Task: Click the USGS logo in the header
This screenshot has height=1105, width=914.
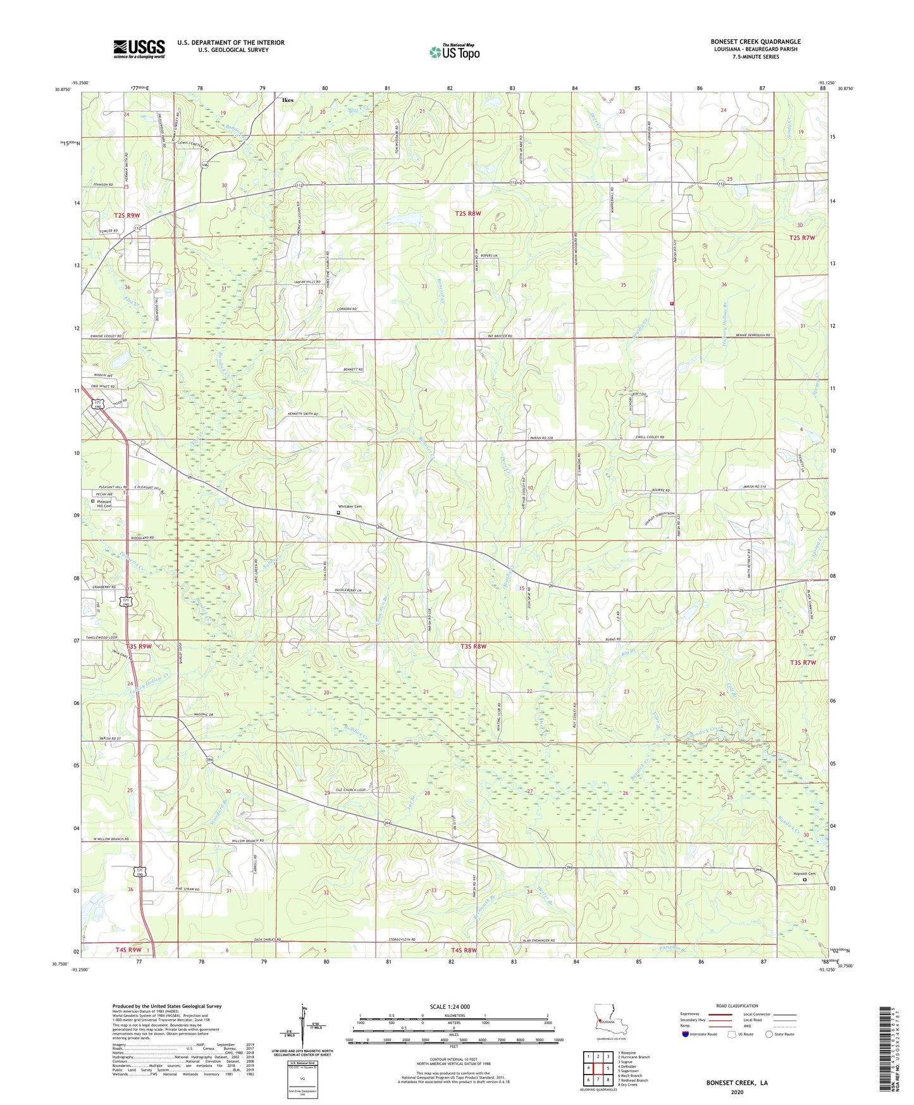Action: point(139,49)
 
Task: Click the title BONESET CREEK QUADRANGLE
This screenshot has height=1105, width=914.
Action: point(755,42)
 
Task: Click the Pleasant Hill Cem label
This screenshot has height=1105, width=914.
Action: point(103,504)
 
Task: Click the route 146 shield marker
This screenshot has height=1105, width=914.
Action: point(205,165)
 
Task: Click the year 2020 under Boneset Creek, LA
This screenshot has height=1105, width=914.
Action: point(737,1092)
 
